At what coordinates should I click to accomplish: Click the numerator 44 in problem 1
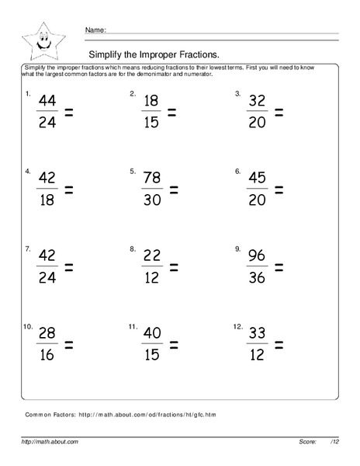(47, 102)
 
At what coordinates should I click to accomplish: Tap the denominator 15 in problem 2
(151, 123)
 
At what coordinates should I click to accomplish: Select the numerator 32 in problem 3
(256, 102)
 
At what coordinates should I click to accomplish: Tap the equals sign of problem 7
(68, 268)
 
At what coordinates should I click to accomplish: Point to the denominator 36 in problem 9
(256, 278)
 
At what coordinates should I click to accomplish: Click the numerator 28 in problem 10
(47, 335)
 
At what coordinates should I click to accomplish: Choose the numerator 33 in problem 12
(256, 335)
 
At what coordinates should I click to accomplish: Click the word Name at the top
(95, 30)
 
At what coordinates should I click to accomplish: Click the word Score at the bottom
(308, 441)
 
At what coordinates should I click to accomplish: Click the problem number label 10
(28, 327)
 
